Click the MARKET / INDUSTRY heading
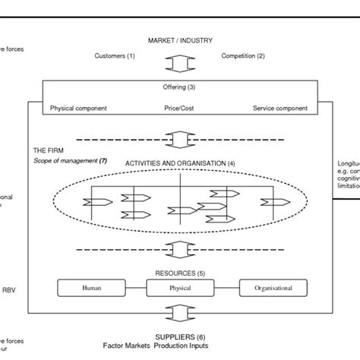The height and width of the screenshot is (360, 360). click(x=180, y=39)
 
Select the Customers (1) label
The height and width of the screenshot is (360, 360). click(x=115, y=55)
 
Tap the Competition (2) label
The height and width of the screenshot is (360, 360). click(x=242, y=55)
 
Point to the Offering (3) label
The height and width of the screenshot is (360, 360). click(x=179, y=87)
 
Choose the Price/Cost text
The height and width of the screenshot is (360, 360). click(x=179, y=109)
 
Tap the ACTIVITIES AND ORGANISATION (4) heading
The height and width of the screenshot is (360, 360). click(x=180, y=163)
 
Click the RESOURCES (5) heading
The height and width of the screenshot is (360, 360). click(x=179, y=273)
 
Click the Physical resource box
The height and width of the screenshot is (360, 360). click(x=179, y=289)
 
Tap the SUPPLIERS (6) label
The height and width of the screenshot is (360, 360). click(x=179, y=336)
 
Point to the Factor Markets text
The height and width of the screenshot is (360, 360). click(x=129, y=346)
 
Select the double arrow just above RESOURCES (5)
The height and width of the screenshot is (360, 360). click(x=179, y=248)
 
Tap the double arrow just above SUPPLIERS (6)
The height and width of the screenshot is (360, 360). click(x=179, y=314)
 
